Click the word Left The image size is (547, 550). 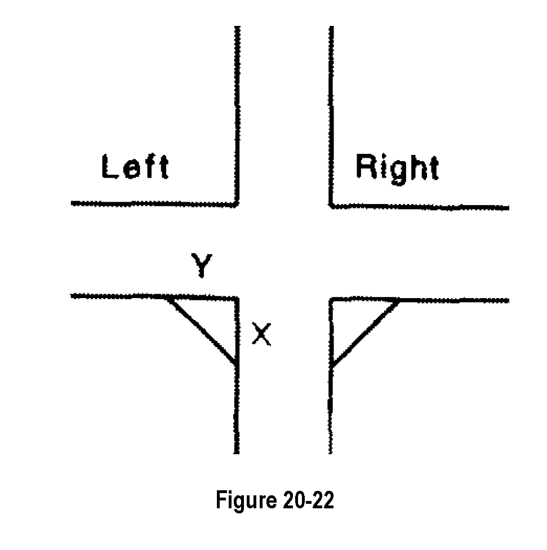(135, 167)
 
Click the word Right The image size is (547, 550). (397, 167)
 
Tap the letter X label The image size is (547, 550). (261, 334)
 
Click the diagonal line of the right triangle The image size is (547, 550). (365, 333)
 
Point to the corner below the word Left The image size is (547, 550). (236, 203)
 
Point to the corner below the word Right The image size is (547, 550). (331, 206)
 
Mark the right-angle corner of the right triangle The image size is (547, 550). (331, 300)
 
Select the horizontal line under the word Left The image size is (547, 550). (152, 203)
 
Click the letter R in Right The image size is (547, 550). (366, 167)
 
